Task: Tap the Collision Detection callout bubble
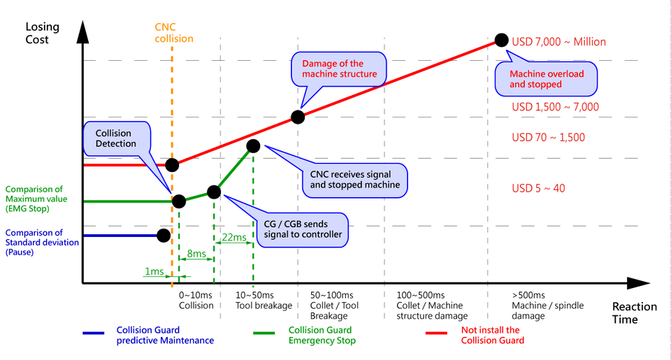[x=117, y=138]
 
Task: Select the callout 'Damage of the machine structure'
[x=339, y=68]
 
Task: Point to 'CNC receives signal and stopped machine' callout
[x=354, y=178]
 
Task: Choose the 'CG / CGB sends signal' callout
[x=302, y=229]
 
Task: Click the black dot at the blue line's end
[x=164, y=236]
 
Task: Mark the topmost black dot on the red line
[x=500, y=40]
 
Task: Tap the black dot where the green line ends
[x=253, y=145]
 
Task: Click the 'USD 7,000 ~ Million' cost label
[x=558, y=42]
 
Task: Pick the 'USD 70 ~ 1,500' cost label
[x=548, y=137]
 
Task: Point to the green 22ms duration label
[x=233, y=238]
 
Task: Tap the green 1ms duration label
[x=154, y=271]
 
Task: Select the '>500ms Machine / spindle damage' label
[x=547, y=305]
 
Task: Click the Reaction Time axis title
[x=634, y=312]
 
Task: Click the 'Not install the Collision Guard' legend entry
[x=492, y=336]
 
